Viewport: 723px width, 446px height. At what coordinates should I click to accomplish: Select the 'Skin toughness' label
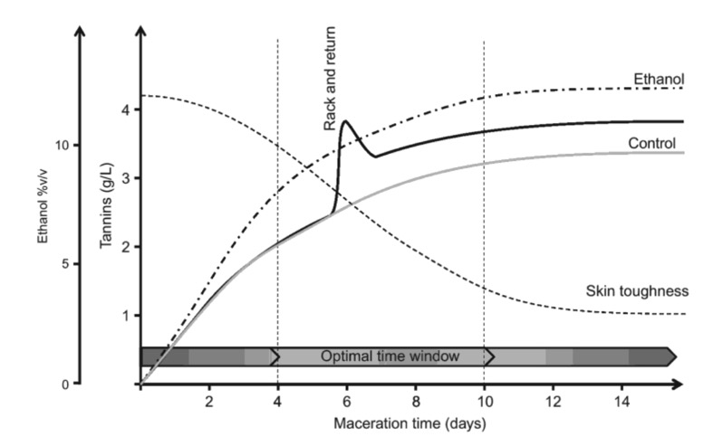[x=638, y=291]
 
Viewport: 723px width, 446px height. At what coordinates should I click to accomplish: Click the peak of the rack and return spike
[x=346, y=122]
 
